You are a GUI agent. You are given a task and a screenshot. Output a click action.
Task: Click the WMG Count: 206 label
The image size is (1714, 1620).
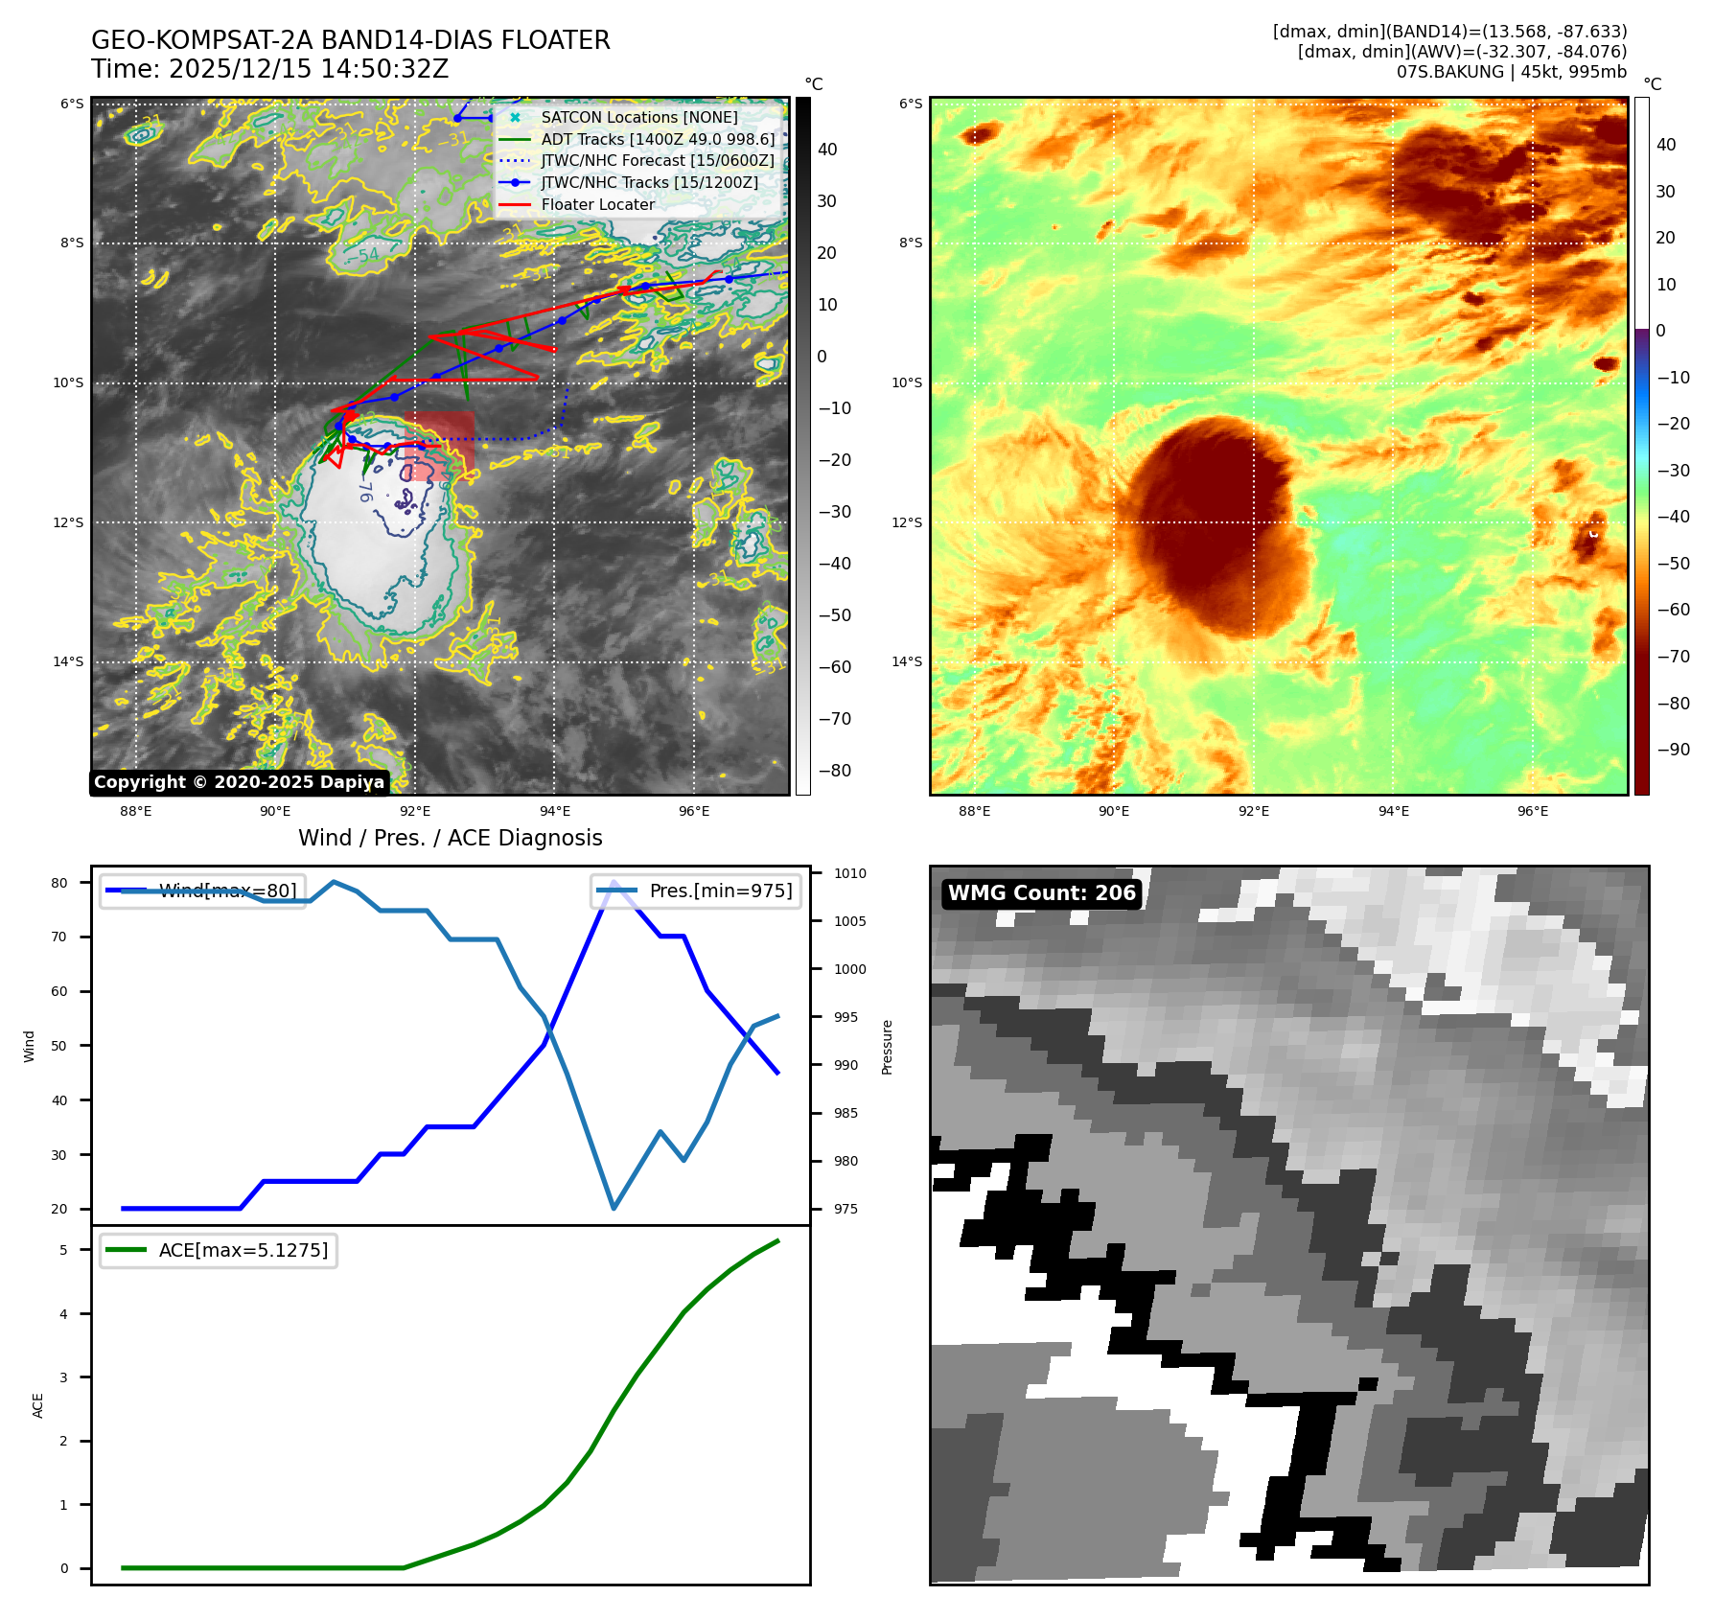(x=1041, y=893)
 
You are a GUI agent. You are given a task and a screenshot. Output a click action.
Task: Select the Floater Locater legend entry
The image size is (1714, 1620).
(x=597, y=204)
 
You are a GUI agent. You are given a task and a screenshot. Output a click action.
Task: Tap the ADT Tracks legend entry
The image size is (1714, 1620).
(x=658, y=139)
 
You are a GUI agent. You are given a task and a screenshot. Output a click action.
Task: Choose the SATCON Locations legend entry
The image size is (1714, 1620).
(x=638, y=117)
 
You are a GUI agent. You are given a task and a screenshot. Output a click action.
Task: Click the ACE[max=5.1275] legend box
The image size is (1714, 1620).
(x=219, y=1250)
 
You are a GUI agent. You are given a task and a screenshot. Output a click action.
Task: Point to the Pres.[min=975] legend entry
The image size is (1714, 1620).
(x=697, y=891)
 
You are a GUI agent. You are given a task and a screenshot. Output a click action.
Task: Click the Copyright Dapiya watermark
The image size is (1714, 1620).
(x=239, y=782)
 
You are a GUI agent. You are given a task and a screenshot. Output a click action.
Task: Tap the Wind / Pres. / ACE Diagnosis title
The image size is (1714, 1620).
(x=450, y=838)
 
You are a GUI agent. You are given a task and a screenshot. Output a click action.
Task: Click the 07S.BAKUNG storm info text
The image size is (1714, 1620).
(x=1511, y=72)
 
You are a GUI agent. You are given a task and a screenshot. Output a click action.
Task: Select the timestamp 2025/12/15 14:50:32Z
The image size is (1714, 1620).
(x=308, y=70)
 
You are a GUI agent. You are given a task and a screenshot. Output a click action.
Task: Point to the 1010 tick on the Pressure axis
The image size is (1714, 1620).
(x=849, y=873)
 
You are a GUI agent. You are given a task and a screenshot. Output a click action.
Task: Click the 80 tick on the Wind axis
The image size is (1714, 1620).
(x=59, y=883)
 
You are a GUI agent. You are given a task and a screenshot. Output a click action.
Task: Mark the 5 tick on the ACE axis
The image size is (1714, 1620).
(x=63, y=1250)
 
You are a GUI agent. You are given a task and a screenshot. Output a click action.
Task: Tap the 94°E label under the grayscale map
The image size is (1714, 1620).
(x=554, y=811)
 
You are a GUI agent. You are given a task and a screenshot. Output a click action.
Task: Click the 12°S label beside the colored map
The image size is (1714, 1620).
(x=907, y=522)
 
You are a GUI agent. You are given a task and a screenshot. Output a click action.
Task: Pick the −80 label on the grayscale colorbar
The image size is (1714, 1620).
(x=834, y=771)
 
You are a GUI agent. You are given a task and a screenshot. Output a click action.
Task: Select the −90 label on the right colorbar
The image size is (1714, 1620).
(x=1674, y=750)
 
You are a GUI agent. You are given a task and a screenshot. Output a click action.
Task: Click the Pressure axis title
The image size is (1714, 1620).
(x=887, y=1047)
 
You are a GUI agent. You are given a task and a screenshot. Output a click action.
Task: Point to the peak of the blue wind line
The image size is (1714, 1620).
(x=614, y=883)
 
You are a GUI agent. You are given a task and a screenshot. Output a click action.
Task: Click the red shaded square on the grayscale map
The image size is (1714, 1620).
(x=439, y=446)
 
